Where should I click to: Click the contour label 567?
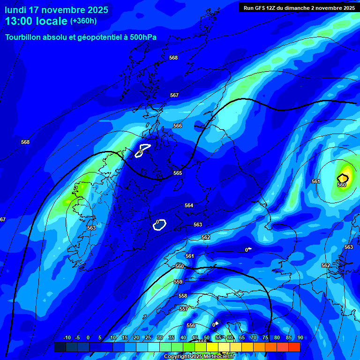pyautogui.click(x=174, y=95)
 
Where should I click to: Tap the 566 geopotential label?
pyautogui.click(x=178, y=126)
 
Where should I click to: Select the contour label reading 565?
pyautogui.click(x=178, y=173)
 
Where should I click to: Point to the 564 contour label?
pyautogui.click(x=189, y=205)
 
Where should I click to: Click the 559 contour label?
pyautogui.click(x=178, y=282)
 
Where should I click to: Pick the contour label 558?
pyautogui.click(x=183, y=296)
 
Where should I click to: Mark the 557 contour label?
pyautogui.click(x=184, y=309)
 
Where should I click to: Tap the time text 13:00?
pyautogui.click(x=20, y=21)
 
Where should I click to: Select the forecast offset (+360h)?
pyautogui.click(x=83, y=21)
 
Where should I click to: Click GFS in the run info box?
pyautogui.click(x=263, y=7)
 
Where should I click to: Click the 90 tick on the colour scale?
pyautogui.click(x=300, y=337)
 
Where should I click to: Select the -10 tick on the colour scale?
pyautogui.click(x=67, y=337)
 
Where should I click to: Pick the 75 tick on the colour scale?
pyautogui.click(x=265, y=337)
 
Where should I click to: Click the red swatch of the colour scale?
pyautogui.click(x=294, y=347)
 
